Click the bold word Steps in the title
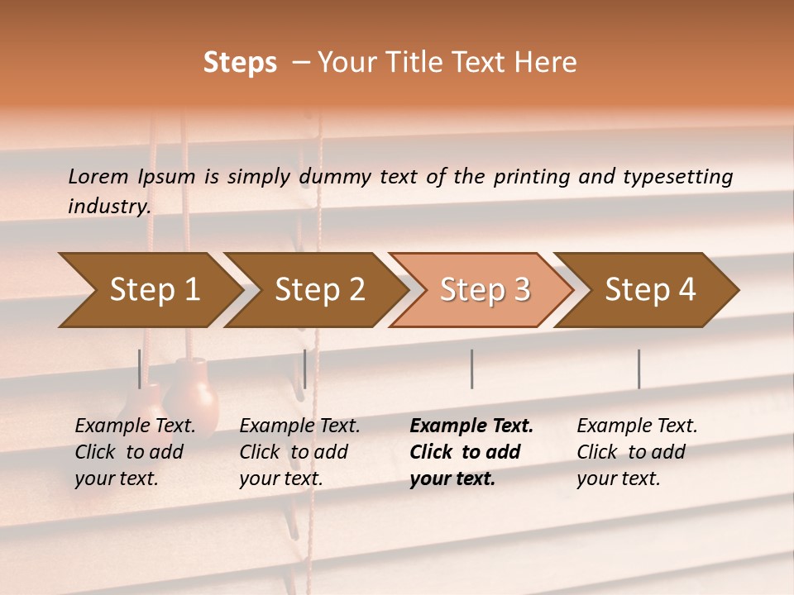pos(240,63)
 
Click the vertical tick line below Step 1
pos(140,369)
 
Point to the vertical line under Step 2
pos(305,369)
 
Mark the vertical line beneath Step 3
pos(471,369)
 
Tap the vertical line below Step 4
pos(639,369)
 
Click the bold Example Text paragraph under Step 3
pos(471,452)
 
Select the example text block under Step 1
pos(135,452)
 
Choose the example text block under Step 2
pos(299,452)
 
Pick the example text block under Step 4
pos(637,452)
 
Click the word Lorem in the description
pos(98,176)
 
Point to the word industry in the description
pos(108,207)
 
